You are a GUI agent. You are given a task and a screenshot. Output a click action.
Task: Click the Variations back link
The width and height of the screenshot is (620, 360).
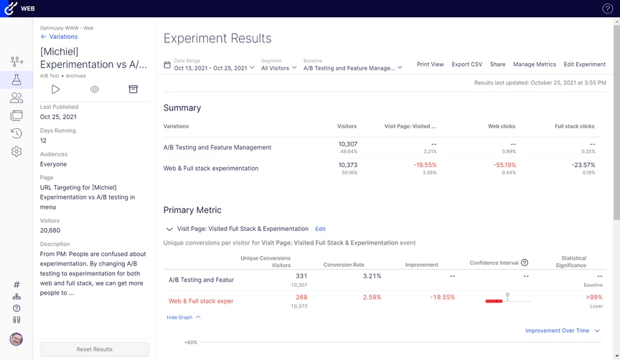(60, 37)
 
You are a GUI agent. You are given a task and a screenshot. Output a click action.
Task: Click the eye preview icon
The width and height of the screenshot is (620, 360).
(94, 89)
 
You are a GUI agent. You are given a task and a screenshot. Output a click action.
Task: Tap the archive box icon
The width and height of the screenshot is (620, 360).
(133, 89)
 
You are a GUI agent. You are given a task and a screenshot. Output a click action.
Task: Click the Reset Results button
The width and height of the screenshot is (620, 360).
(95, 349)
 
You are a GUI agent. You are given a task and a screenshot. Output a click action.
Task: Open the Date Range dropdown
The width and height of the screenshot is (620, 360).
(215, 68)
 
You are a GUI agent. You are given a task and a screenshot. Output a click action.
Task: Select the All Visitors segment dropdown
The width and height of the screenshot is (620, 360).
(278, 68)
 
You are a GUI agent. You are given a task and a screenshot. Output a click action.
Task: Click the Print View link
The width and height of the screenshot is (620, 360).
(430, 65)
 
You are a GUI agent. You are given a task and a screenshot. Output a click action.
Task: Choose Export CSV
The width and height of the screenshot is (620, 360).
(466, 65)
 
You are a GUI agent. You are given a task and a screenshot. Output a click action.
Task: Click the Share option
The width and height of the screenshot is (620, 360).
(497, 65)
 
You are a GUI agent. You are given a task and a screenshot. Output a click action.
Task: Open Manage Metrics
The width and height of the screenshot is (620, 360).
(535, 65)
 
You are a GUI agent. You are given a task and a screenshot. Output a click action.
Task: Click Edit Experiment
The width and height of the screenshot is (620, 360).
(584, 65)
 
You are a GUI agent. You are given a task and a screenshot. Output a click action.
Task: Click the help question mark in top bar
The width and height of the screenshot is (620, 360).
(607, 9)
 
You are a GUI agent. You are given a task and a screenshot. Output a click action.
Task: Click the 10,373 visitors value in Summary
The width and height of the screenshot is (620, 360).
(347, 164)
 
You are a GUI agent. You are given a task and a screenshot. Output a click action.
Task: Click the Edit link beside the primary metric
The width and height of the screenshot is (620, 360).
(320, 229)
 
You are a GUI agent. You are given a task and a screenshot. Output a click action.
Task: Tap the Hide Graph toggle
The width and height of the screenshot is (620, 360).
(184, 317)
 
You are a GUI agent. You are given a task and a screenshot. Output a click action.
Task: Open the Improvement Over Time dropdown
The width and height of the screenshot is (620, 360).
(562, 331)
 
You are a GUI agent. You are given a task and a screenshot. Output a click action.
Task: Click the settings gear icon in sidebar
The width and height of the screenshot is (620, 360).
(17, 151)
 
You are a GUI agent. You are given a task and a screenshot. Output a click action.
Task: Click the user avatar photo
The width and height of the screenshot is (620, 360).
(17, 338)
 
